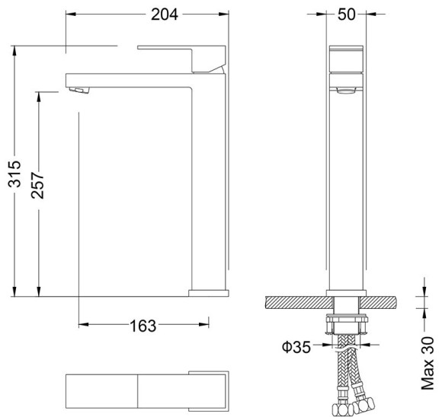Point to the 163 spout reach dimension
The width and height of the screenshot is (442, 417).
143,326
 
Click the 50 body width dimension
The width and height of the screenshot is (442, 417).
347,15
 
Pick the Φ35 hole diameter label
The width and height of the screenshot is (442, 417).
296,347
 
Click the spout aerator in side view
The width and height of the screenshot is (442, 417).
78,91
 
